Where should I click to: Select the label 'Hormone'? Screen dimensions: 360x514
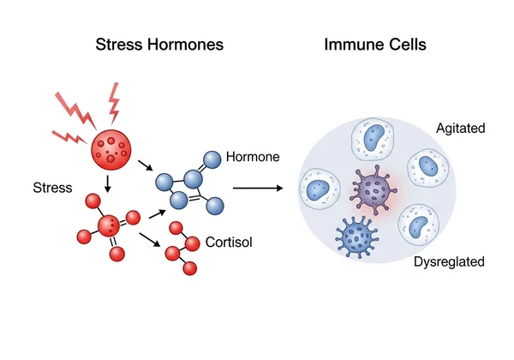253,158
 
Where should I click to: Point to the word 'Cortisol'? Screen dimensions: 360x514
230,243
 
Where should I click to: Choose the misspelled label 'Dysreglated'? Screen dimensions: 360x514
450,261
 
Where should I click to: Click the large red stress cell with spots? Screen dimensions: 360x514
114,151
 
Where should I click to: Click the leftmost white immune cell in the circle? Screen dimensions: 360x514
322,188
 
